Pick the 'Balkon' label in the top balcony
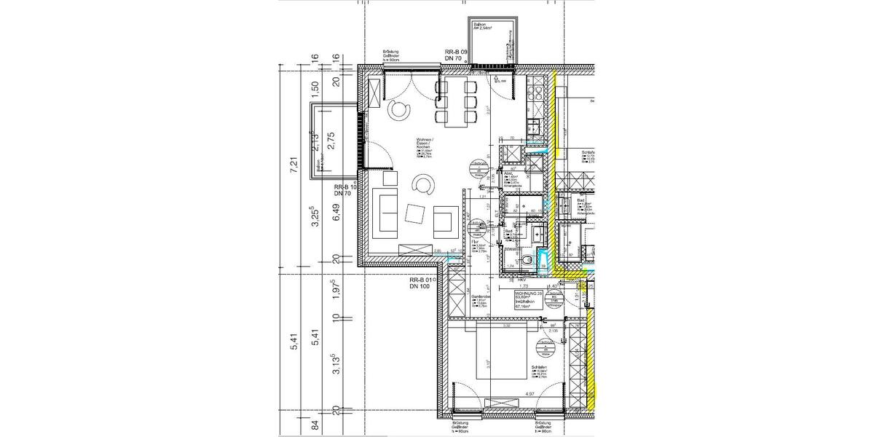tap(481, 27)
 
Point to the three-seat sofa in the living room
tap(384, 212)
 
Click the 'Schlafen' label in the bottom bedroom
tap(540, 368)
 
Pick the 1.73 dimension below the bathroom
tap(523, 286)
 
